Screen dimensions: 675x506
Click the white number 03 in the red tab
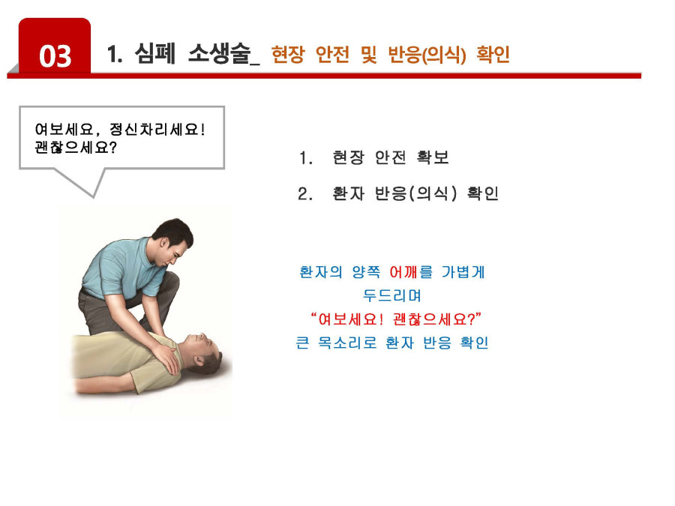coord(55,56)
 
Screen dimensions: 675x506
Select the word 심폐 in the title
coord(155,53)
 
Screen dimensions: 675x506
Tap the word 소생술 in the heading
coord(219,53)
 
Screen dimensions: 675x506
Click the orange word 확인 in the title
coord(493,54)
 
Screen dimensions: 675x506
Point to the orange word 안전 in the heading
coord(332,54)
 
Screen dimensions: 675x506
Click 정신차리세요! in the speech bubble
coord(157,129)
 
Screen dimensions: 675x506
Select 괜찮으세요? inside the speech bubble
coord(76,148)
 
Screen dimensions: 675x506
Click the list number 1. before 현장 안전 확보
coord(306,158)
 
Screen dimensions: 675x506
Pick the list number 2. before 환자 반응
coord(305,194)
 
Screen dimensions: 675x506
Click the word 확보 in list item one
coord(433,157)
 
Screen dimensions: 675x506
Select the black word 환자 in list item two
coord(348,193)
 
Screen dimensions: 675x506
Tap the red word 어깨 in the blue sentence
coord(403,272)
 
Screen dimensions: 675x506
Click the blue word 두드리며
coord(391,295)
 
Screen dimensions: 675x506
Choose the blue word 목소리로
coord(347,343)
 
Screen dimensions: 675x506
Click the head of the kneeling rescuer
coord(173,240)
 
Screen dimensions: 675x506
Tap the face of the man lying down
coord(202,344)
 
